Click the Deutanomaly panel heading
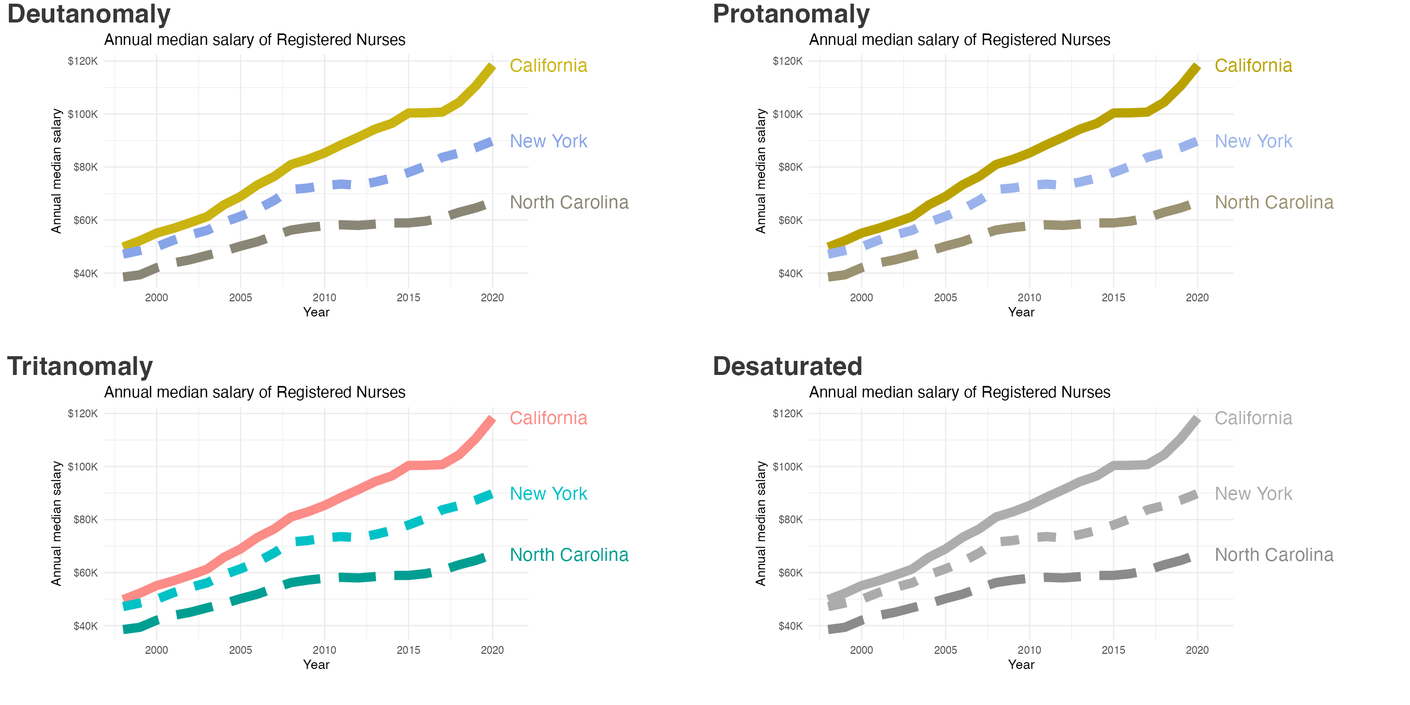(x=89, y=14)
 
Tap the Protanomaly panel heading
(x=791, y=14)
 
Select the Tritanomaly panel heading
(x=80, y=367)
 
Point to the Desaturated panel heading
(x=787, y=367)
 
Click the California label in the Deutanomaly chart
(x=548, y=66)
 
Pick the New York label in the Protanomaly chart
(x=1253, y=141)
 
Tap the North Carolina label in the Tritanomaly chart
(x=569, y=555)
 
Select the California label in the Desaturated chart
(x=1253, y=418)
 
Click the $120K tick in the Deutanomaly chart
(x=83, y=61)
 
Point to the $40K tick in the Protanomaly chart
(x=791, y=274)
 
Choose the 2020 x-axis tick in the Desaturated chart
(x=1197, y=650)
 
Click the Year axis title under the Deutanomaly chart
(x=316, y=312)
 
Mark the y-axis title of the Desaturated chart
(x=761, y=523)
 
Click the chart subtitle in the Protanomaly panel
(x=959, y=40)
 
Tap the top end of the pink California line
(x=491, y=420)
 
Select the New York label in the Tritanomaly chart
(x=548, y=494)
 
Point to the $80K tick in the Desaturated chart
(x=791, y=520)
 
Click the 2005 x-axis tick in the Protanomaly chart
(x=945, y=298)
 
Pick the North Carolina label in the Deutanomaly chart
(x=569, y=203)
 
